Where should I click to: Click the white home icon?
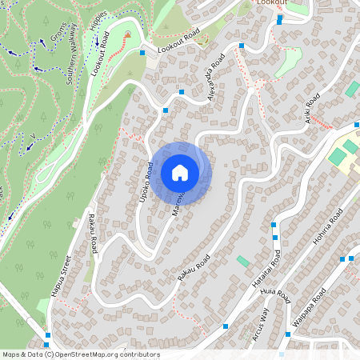(x=180, y=172)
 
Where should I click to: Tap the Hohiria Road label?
(x=330, y=227)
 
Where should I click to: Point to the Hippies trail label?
(x=99, y=33)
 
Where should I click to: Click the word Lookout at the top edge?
(x=272, y=3)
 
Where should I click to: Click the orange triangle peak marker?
(x=127, y=34)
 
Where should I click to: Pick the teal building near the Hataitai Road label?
(x=243, y=262)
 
